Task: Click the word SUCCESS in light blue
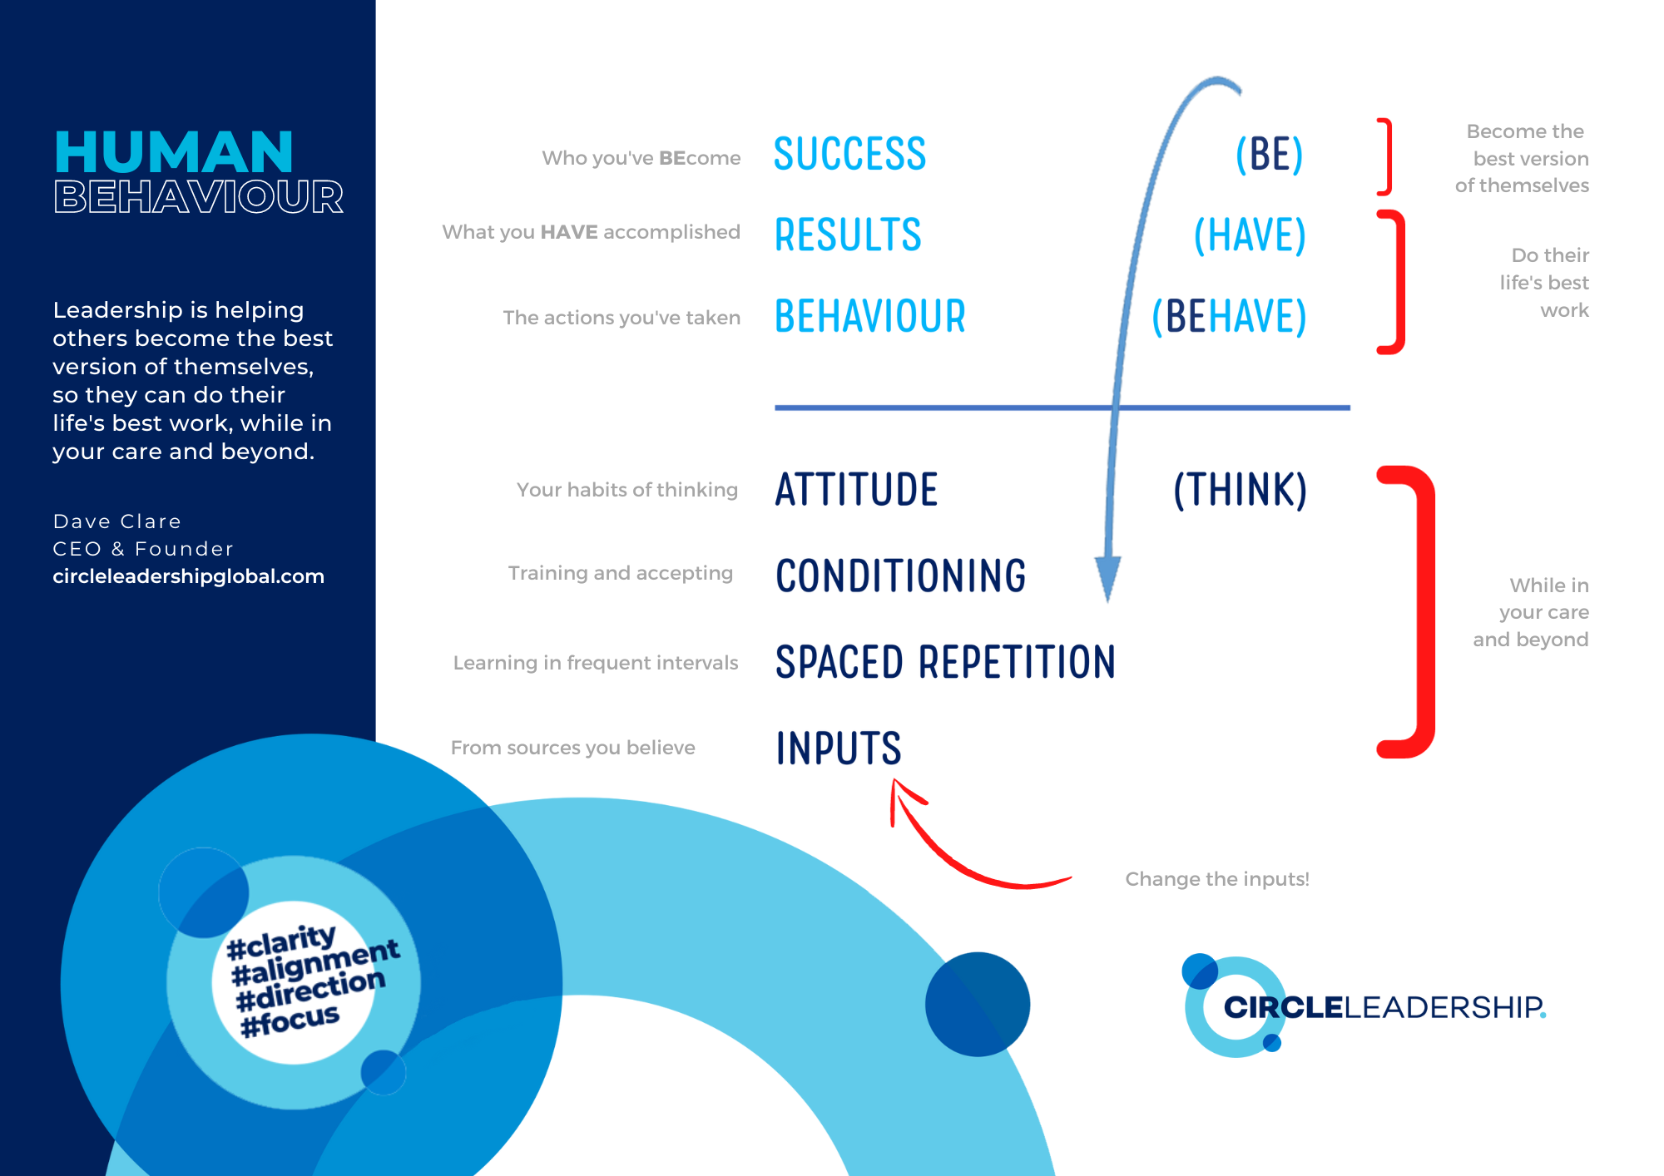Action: [x=849, y=154]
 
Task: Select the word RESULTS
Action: [x=848, y=235]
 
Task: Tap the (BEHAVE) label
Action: [x=1229, y=317]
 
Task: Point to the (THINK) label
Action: [x=1240, y=490]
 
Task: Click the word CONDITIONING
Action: [x=900, y=576]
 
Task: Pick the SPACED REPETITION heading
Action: [x=945, y=662]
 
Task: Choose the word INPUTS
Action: [x=839, y=748]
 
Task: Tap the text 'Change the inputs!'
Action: [x=1217, y=879]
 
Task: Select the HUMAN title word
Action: [x=174, y=152]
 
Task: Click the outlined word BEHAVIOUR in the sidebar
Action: [x=199, y=197]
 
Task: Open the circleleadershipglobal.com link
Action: [x=188, y=576]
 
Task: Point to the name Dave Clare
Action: [x=117, y=521]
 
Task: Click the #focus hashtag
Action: [x=290, y=1020]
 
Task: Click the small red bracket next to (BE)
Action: [x=1384, y=156]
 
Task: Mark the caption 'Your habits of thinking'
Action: [x=627, y=490]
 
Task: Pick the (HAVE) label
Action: [x=1250, y=235]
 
